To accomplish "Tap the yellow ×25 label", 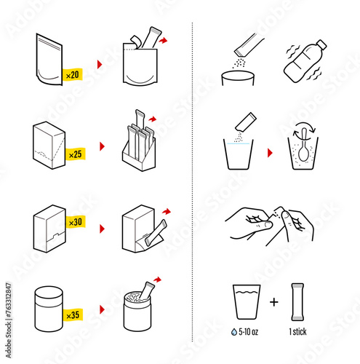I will pyautogui.click(x=76, y=155).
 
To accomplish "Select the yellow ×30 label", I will pyautogui.click(x=76, y=221).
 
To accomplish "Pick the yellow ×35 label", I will pyautogui.click(x=73, y=315).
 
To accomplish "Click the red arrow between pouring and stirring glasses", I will pyautogui.click(x=271, y=153).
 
